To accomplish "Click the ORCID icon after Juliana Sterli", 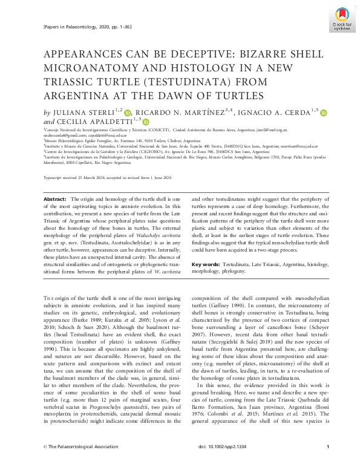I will (128, 113).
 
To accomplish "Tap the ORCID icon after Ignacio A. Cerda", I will (323, 113).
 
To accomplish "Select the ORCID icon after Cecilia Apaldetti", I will (146, 122).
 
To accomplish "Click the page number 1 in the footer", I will (327, 463).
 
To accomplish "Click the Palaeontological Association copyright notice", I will (79, 463).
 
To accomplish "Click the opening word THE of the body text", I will (50, 298).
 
